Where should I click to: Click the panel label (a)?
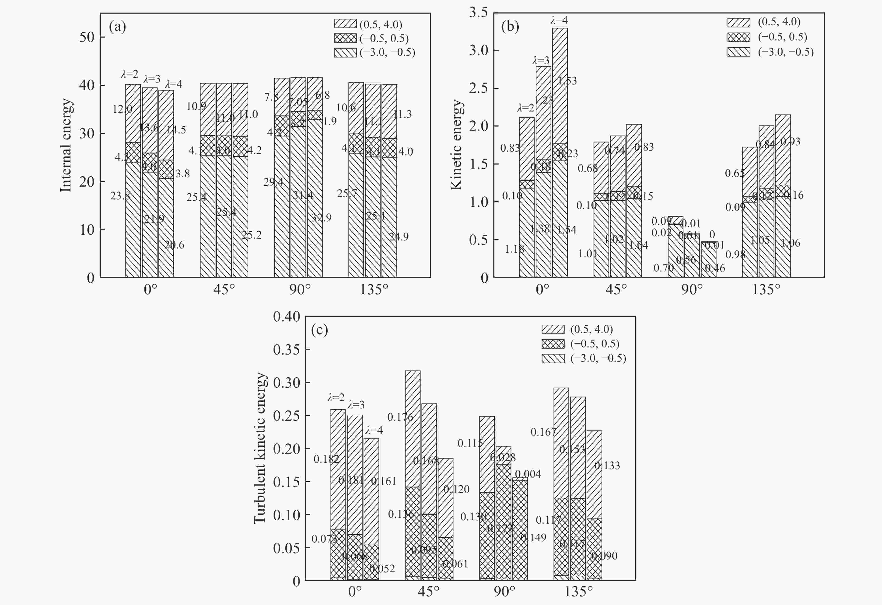tap(117, 27)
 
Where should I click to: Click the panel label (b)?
tap(510, 27)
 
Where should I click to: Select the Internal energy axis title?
tap(66, 145)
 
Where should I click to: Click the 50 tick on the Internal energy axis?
tap(87, 37)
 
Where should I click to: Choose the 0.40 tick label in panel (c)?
tap(287, 316)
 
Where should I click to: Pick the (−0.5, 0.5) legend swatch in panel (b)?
tap(738, 37)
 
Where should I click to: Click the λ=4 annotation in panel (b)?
tap(559, 20)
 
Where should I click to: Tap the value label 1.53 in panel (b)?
tap(567, 81)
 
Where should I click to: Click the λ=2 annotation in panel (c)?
tap(336, 397)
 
